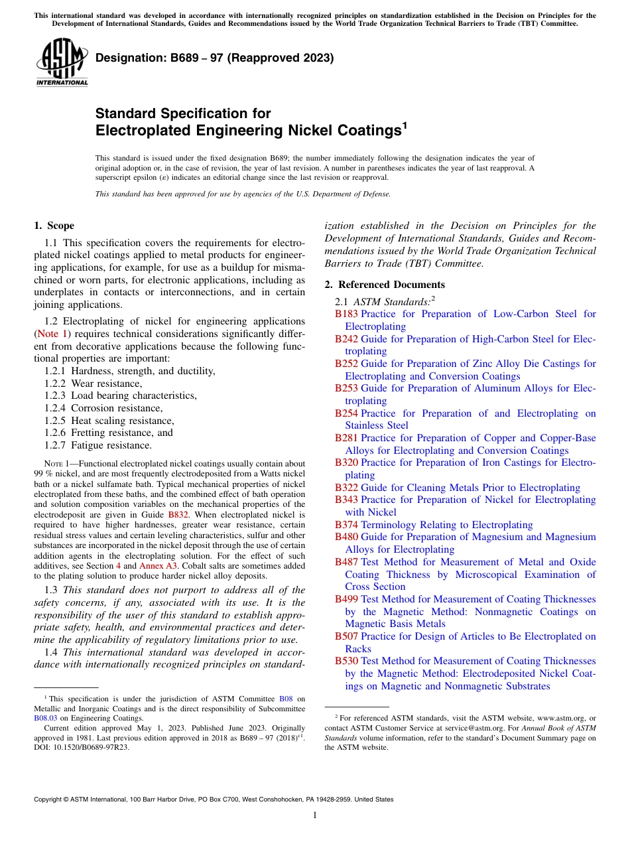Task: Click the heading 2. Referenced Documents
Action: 385,285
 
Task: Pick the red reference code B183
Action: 346,314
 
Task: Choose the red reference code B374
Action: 346,525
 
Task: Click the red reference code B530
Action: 346,661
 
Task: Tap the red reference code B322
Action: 346,488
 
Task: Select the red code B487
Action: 346,562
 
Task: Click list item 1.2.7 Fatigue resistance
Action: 98,446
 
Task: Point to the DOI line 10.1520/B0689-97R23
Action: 82,746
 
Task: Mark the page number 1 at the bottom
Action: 314,815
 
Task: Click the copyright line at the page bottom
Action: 214,800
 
